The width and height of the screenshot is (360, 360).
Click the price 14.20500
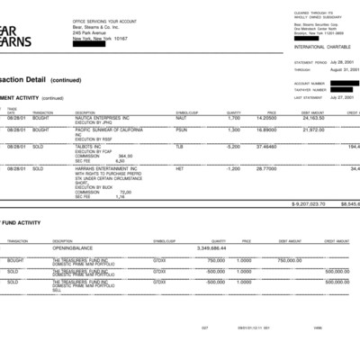point(265,118)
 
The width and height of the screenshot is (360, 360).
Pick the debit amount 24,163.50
point(311,118)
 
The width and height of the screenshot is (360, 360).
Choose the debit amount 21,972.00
point(311,130)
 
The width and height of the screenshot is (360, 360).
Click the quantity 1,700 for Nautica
point(233,118)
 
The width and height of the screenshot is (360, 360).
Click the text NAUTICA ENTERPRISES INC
point(103,118)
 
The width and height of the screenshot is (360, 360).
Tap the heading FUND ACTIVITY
point(20,222)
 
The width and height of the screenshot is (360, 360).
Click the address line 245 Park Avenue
point(89,33)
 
